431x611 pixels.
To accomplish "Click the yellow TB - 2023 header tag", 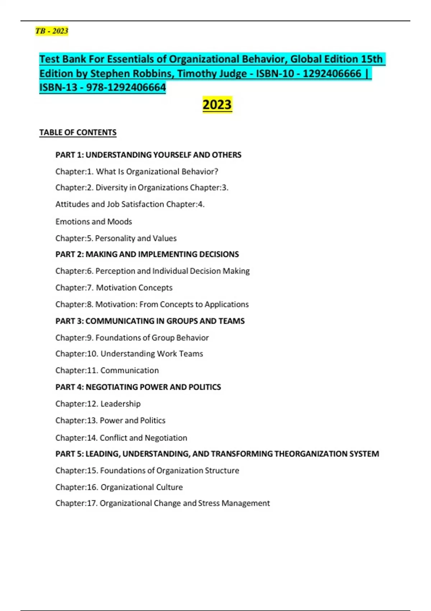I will (x=52, y=31).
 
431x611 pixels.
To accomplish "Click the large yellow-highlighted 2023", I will (x=217, y=105).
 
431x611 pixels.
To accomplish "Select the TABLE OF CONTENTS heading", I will (x=78, y=133).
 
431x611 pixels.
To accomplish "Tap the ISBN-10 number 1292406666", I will (x=332, y=73).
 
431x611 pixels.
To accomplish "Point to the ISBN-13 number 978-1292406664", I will (x=126, y=87).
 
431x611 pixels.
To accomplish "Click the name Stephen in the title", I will (x=110, y=73).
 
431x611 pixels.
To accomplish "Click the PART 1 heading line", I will (x=148, y=155).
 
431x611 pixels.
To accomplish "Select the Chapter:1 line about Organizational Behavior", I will (x=136, y=172).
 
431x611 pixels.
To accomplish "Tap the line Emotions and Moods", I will (x=93, y=222).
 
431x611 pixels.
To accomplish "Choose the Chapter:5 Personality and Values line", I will (x=116, y=238).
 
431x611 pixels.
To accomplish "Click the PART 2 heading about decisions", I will (x=147, y=254).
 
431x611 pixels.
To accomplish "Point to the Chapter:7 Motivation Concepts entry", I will (x=113, y=288).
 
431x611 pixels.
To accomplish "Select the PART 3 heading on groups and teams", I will (x=150, y=321).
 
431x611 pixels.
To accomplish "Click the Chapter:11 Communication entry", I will (x=107, y=371).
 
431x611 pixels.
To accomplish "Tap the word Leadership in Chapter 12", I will (x=120, y=404).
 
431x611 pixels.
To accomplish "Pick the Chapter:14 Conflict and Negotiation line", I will (x=121, y=438).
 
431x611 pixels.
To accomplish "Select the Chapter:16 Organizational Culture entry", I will (x=119, y=487).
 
